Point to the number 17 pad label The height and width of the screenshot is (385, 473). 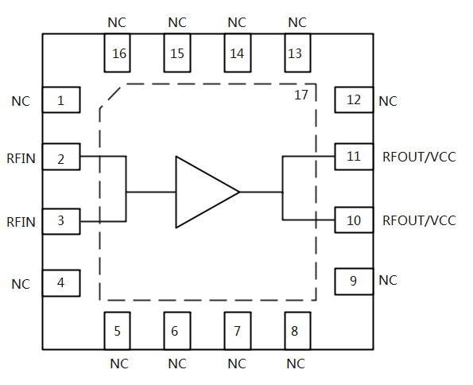click(x=301, y=95)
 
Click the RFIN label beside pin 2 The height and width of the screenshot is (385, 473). click(x=21, y=158)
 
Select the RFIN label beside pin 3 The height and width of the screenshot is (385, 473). click(x=21, y=222)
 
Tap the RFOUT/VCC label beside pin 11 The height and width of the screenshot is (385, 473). click(x=419, y=157)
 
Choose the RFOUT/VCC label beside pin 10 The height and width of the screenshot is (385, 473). click(x=419, y=220)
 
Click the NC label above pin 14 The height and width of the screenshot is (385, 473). click(x=237, y=22)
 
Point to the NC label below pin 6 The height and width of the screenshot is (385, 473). click(x=177, y=364)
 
